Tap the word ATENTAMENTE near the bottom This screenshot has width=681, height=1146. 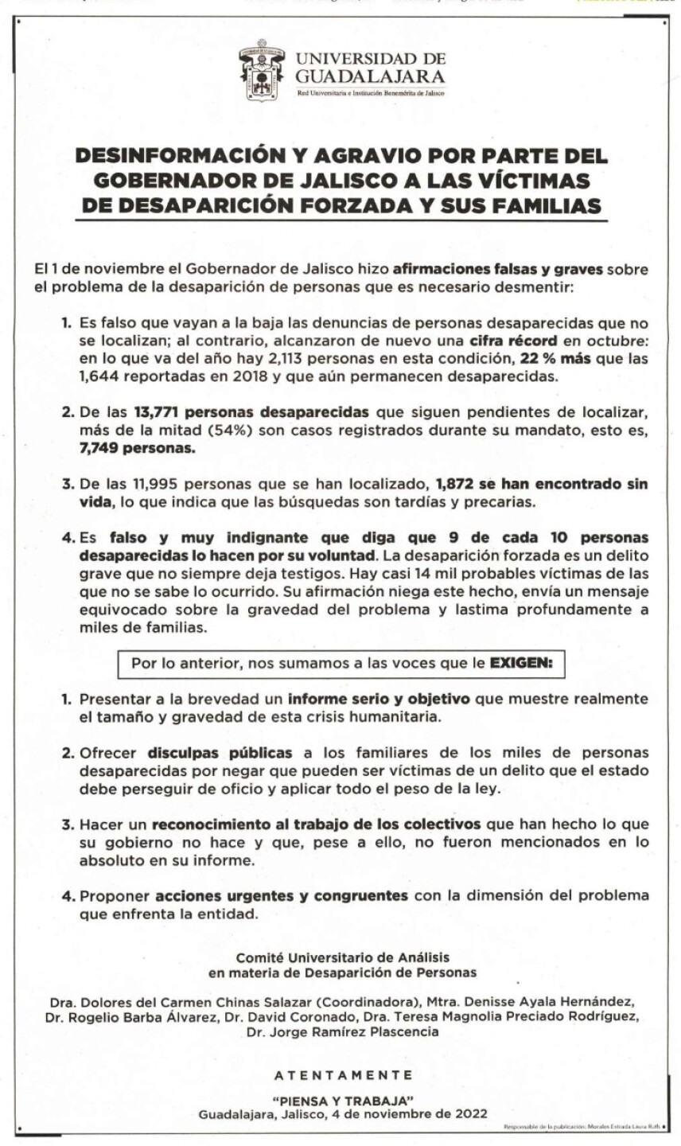click(343, 1074)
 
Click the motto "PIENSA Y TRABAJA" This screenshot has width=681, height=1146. click(343, 1100)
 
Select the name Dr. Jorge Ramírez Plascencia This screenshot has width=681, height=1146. click(342, 1032)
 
